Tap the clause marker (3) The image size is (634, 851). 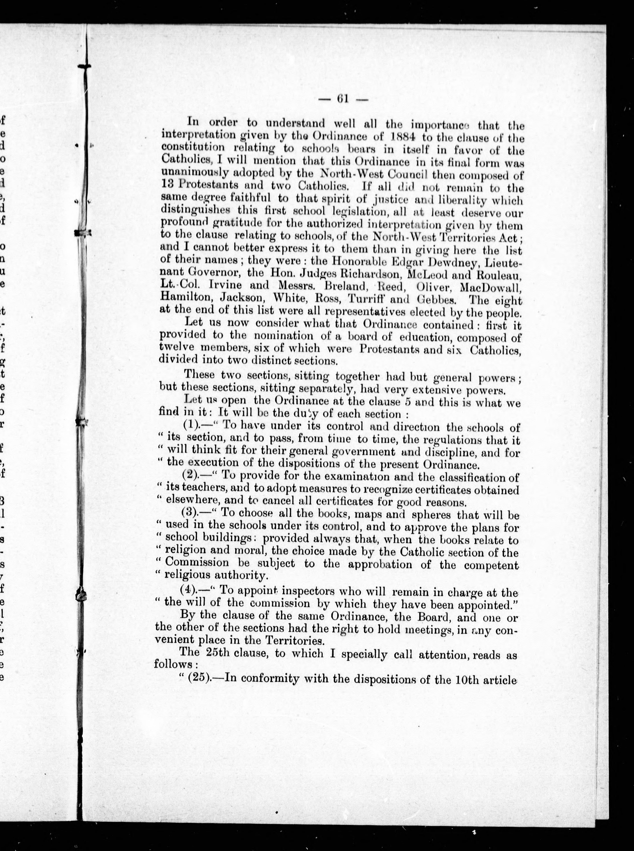click(191, 514)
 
